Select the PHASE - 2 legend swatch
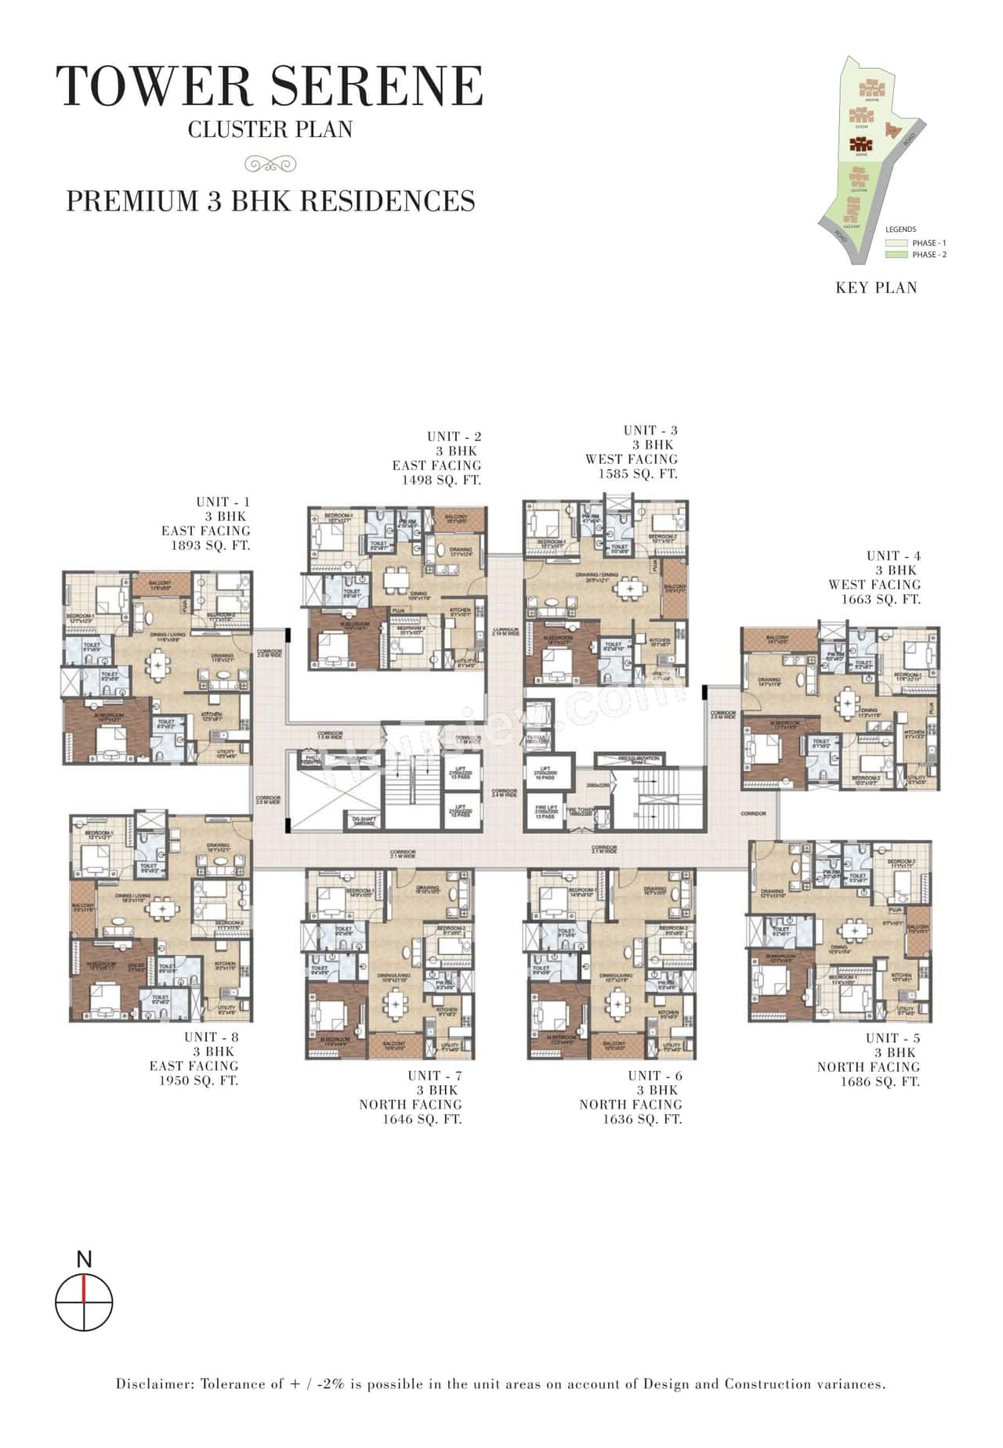[896, 255]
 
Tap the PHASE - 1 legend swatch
[896, 243]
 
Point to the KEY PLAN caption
[876, 288]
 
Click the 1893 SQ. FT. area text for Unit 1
[211, 545]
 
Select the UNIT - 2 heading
[454, 436]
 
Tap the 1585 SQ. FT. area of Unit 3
[638, 474]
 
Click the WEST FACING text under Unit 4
[874, 585]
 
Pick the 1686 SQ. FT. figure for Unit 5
[880, 1081]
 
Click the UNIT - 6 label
[654, 1076]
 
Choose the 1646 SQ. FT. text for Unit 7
[422, 1119]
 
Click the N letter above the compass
[85, 1260]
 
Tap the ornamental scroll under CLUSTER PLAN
[270, 163]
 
